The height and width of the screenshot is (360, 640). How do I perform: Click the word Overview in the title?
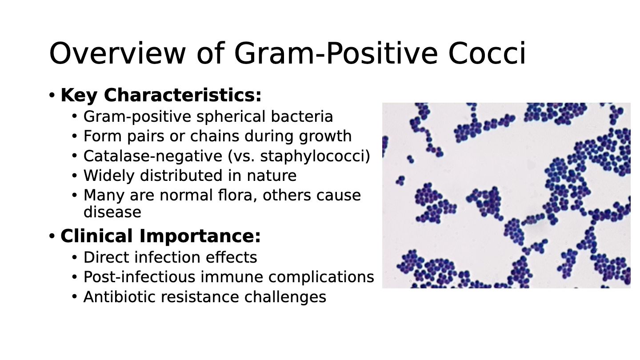point(117,53)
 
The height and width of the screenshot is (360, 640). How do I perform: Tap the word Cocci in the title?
point(487,53)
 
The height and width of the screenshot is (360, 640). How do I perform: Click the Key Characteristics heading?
point(161,95)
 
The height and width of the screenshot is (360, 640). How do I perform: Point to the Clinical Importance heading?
point(160,236)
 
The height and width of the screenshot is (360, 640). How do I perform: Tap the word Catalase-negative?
point(153,156)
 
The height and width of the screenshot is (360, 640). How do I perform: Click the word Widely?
point(109,176)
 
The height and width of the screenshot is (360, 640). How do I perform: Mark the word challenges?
point(285,297)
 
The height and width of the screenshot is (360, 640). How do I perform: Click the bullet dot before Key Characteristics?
point(52,95)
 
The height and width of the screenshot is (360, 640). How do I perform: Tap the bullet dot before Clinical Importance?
point(52,236)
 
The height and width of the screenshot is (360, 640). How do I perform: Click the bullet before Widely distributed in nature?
point(75,176)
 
